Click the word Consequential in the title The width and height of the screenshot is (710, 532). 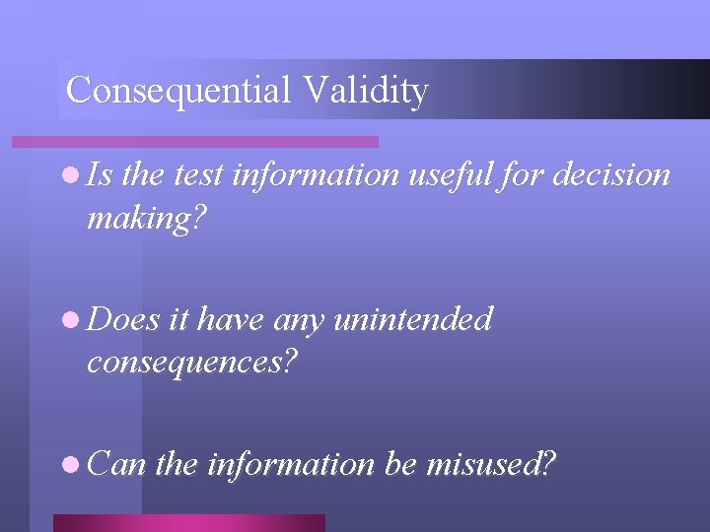click(x=178, y=90)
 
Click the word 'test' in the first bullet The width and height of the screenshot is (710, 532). click(x=194, y=175)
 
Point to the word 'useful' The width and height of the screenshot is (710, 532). click(x=460, y=175)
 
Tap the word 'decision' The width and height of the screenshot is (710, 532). click(x=612, y=175)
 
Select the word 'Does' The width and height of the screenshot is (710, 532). click(x=124, y=319)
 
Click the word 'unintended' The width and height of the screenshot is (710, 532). click(x=413, y=319)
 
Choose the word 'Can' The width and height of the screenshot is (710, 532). click(x=117, y=463)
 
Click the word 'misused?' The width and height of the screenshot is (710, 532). click(x=491, y=463)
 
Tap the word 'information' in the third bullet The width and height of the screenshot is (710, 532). click(x=290, y=463)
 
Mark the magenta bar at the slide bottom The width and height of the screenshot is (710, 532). click(x=188, y=522)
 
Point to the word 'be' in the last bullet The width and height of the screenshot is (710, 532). click(x=400, y=463)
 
